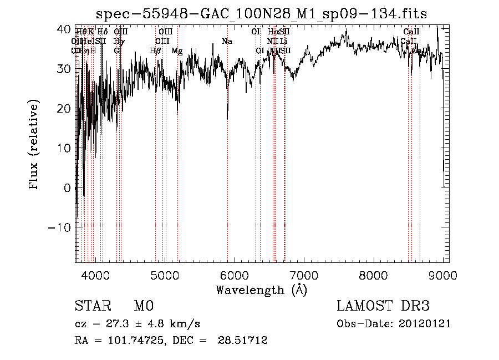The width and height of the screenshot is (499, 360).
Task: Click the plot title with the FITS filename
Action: pyautogui.click(x=261, y=13)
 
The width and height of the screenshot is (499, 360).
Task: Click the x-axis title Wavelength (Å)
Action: pyautogui.click(x=261, y=290)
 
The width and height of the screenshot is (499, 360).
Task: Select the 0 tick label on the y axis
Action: pyautogui.click(x=67, y=188)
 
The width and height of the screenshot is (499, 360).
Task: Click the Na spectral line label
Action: pyautogui.click(x=226, y=42)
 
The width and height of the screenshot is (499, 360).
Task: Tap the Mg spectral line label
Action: pyautogui.click(x=177, y=51)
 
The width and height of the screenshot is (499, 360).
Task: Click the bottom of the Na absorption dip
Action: pyautogui.click(x=227, y=118)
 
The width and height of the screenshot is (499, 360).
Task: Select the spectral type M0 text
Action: pyautogui.click(x=143, y=306)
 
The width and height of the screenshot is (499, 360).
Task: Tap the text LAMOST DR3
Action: pyautogui.click(x=383, y=306)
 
